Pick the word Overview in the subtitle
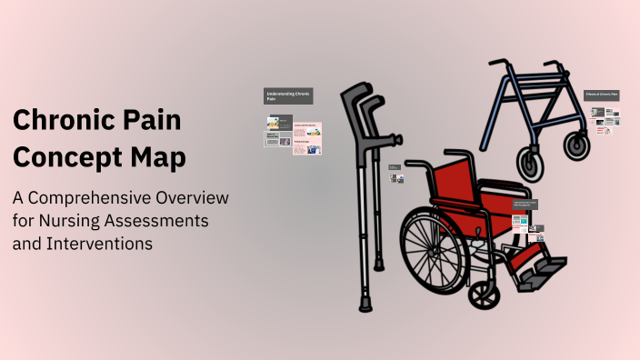coord(191,197)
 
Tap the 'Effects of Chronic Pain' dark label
coord(601,95)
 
